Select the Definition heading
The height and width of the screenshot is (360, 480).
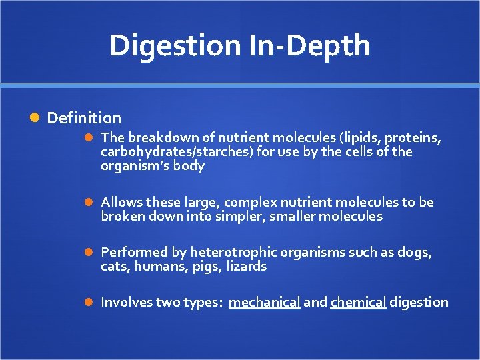pos(84,118)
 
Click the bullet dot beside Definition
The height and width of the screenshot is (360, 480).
pos(35,118)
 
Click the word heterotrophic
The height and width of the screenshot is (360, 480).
pos(234,253)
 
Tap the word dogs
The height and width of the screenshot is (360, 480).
pos(414,253)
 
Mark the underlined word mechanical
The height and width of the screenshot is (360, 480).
pos(264,303)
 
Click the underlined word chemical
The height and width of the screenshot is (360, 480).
pos(358,303)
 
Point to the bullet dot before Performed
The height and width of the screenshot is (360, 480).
pos(89,253)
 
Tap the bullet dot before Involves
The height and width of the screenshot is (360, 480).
pos(89,303)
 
